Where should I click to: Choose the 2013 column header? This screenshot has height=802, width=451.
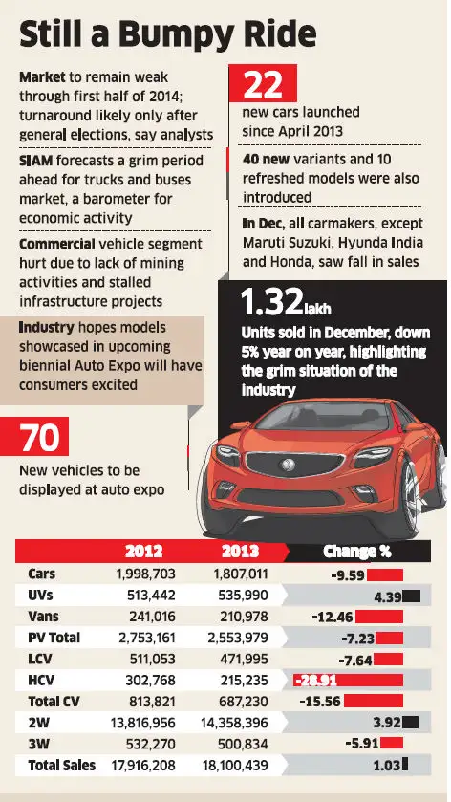click(x=240, y=552)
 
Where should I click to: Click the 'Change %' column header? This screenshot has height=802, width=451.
click(x=357, y=552)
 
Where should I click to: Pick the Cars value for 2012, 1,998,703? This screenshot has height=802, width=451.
click(x=141, y=574)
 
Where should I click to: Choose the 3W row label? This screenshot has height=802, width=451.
click(x=40, y=744)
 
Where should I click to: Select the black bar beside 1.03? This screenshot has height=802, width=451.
click(x=406, y=765)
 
